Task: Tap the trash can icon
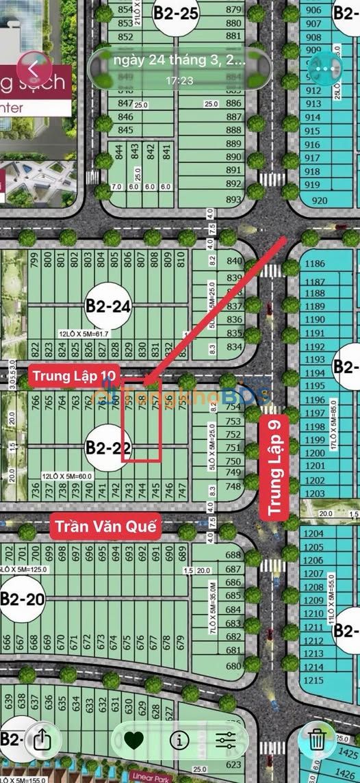click(x=316, y=739)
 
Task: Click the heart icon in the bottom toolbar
click(x=133, y=740)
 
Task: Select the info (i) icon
click(x=179, y=740)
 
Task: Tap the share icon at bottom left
click(x=42, y=739)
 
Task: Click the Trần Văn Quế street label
click(x=106, y=526)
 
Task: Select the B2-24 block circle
click(x=108, y=307)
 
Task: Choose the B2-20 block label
click(x=22, y=599)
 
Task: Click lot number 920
click(x=319, y=201)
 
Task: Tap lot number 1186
click(x=315, y=264)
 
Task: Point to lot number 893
click(x=233, y=200)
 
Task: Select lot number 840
click(x=234, y=261)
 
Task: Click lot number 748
click(x=233, y=487)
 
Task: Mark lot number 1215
click(x=313, y=680)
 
